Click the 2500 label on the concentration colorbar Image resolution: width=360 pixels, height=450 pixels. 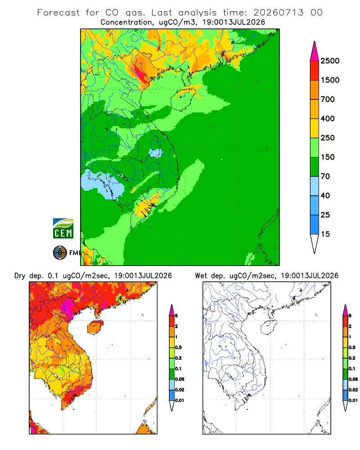pos(330,61)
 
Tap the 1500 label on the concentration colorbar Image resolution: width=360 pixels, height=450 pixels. pos(330,80)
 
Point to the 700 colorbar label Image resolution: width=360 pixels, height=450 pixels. pos(328,99)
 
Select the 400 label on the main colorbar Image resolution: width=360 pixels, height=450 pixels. pos(328,118)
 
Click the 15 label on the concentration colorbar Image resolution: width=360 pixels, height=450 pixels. pos(325,234)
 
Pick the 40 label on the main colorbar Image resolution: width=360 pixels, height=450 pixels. pos(325,196)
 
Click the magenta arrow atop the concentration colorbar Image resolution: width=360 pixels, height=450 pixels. pos(315,51)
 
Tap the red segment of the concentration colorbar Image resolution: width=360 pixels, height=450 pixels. pos(315,71)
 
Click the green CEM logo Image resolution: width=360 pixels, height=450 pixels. pos(63,229)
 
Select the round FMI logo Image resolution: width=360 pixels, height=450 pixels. pos(60,253)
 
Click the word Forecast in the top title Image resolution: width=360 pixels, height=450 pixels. pos(58,13)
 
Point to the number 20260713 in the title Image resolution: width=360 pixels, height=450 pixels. pos(278,13)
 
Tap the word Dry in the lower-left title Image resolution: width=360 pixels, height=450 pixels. pos(20,276)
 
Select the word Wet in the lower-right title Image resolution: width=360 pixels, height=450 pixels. pos(201,276)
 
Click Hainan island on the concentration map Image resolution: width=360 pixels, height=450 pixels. pos(183,99)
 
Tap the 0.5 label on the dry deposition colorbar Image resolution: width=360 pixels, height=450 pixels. pos(178,347)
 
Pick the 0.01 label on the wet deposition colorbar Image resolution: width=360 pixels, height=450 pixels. pos(353,400)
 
